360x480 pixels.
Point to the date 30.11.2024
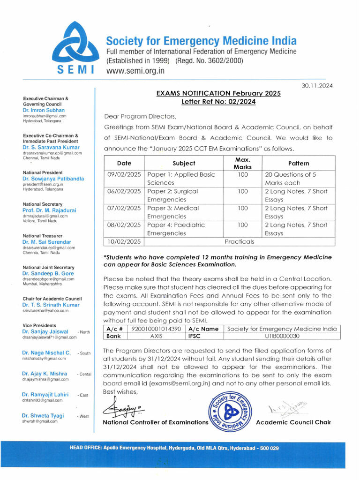[318, 85]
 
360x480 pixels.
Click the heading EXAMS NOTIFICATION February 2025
[218, 93]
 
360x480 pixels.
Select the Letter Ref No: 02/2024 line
[218, 102]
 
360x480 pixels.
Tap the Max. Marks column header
[242, 163]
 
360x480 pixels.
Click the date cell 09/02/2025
[124, 174]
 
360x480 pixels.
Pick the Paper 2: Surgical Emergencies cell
[172, 195]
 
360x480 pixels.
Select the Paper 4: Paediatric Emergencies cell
[176, 229]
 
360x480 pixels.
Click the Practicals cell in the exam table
[239, 241]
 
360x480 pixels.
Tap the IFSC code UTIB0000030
[280, 336]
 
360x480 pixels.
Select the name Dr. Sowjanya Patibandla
[53, 179]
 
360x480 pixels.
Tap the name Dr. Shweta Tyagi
[43, 416]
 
